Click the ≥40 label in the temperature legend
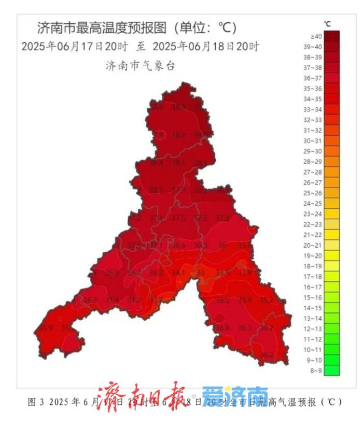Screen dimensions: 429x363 coord(316,36)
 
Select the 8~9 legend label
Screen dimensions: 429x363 coord(316,370)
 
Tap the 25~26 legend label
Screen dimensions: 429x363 coord(316,193)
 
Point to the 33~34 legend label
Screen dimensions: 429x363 coord(316,109)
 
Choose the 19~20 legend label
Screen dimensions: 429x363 coord(316,255)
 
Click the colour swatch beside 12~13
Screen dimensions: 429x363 coord(333,328)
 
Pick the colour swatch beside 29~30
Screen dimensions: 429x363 coord(333,151)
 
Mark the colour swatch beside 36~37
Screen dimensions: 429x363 coord(333,78)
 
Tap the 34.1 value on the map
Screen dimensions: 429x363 coord(178,273)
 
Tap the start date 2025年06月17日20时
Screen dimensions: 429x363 coord(74,46)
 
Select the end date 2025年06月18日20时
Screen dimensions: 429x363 coord(206,46)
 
